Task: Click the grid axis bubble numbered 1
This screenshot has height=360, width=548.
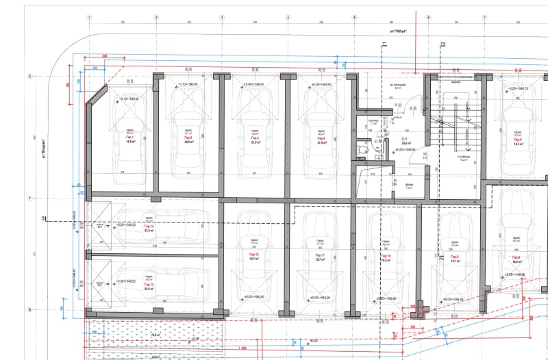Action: [x=90, y=17]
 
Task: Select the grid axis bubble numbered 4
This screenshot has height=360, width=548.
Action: [x=288, y=17]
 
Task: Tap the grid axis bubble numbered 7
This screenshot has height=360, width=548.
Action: [x=484, y=17]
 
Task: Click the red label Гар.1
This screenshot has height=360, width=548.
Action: [x=129, y=138]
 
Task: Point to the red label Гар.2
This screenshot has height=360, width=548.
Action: [x=187, y=138]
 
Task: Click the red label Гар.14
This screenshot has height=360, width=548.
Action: [x=147, y=226]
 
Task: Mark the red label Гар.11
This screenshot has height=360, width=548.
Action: [x=319, y=254]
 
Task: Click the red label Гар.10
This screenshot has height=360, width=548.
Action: [x=385, y=254]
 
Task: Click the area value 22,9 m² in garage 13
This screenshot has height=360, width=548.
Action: [x=147, y=289]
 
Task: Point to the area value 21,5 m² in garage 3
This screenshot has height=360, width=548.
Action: [x=254, y=142]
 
